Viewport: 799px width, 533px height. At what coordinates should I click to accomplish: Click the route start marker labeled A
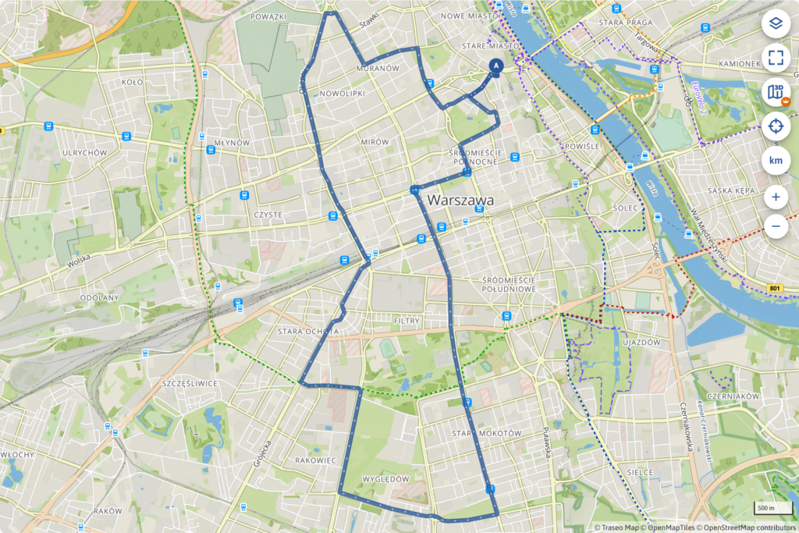[x=495, y=67]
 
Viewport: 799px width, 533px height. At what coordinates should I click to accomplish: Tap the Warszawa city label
[x=460, y=201]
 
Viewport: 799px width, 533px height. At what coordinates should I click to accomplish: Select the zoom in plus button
[x=776, y=197]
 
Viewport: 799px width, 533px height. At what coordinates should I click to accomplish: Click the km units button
[x=776, y=160]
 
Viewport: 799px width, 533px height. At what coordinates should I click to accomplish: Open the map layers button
[x=776, y=23]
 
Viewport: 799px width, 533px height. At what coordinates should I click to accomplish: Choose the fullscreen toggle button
[x=776, y=57]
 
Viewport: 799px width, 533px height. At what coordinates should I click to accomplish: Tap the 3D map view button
[x=776, y=92]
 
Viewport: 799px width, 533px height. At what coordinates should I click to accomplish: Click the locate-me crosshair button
[x=776, y=125]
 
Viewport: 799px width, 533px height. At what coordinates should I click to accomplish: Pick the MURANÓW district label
[x=378, y=69]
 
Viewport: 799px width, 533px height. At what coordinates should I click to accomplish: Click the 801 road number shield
[x=774, y=289]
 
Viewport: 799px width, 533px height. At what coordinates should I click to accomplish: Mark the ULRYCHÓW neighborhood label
[x=84, y=153]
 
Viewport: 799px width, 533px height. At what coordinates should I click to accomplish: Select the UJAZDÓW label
[x=642, y=342]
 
